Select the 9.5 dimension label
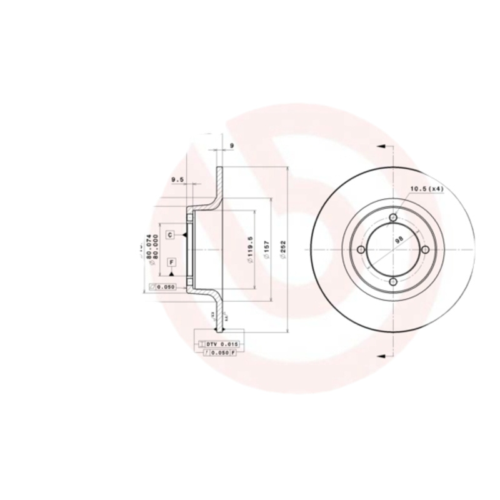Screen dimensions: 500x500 [x=177, y=180]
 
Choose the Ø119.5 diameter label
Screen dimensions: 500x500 [x=249, y=250]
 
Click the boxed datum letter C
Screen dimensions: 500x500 [x=169, y=234]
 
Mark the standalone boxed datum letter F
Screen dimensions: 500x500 [x=171, y=261]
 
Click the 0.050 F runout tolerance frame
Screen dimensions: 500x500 [x=221, y=353]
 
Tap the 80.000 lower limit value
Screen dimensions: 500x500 [x=155, y=248]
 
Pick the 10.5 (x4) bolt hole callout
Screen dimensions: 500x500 [x=426, y=189]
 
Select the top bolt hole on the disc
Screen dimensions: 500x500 [x=393, y=217]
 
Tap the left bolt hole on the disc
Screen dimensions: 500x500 [x=361, y=249]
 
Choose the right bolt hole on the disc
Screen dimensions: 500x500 [x=426, y=249]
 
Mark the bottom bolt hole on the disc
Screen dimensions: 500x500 [x=393, y=282]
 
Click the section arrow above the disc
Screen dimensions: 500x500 [x=382, y=146]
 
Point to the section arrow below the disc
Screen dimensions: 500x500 [x=382, y=354]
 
